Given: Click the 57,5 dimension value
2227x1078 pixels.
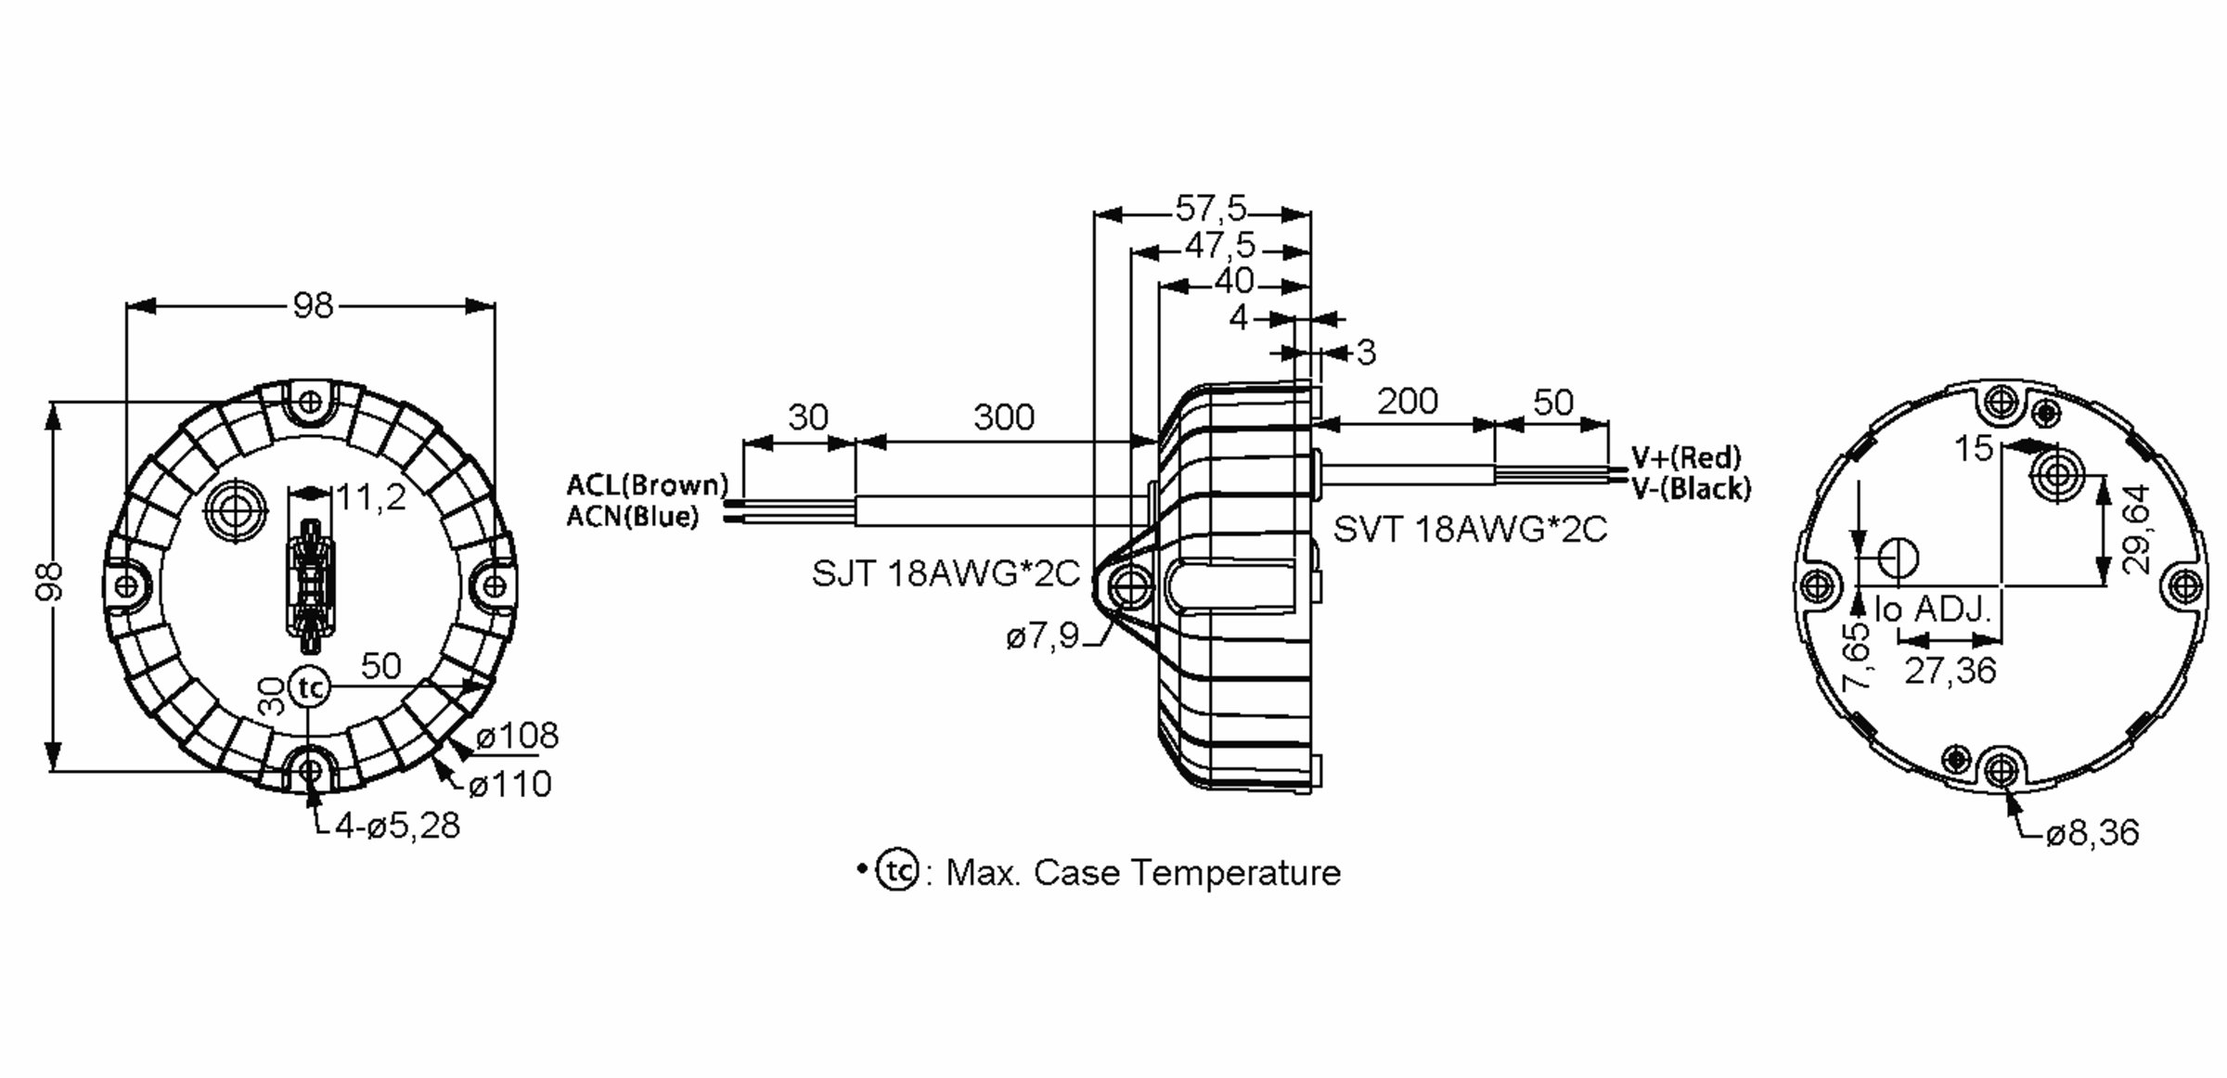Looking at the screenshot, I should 1211,209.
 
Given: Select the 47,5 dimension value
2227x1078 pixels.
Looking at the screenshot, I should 1219,246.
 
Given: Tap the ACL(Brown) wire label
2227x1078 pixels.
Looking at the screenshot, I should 648,484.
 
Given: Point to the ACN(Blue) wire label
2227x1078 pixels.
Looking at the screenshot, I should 632,516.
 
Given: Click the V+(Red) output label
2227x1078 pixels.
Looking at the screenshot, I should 1686,456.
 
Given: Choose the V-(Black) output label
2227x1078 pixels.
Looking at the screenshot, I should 1691,488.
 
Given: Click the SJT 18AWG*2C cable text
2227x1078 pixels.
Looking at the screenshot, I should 946,574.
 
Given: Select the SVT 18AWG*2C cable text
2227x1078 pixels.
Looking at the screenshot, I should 1470,529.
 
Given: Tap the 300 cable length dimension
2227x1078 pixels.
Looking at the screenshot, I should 1003,417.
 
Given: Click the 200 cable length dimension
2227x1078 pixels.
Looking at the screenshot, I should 1407,402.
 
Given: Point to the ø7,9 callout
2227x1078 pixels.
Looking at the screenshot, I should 1042,636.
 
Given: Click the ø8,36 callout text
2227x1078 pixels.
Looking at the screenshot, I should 2092,833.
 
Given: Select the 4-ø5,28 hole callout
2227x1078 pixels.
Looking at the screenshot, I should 397,826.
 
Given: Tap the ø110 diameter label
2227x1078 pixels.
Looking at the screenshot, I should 509,785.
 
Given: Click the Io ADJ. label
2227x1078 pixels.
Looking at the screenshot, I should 1933,610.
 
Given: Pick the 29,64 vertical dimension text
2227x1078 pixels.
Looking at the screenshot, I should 2135,529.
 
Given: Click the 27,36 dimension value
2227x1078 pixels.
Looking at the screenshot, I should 1950,670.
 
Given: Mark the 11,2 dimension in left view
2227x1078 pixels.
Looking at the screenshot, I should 370,498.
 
